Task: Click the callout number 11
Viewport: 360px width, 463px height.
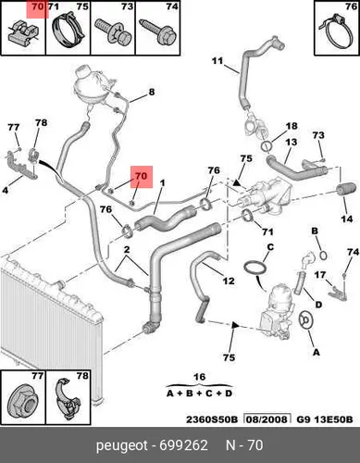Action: pyautogui.click(x=217, y=61)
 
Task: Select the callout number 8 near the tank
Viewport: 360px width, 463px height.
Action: pyautogui.click(x=152, y=92)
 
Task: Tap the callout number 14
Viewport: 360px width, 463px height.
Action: pyautogui.click(x=347, y=219)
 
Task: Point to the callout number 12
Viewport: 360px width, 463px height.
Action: pyautogui.click(x=229, y=281)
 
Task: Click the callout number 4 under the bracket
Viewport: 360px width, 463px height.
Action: pyautogui.click(x=6, y=190)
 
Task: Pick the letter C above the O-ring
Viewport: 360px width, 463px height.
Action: pyautogui.click(x=270, y=247)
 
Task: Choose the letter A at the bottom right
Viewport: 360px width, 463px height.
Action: pyautogui.click(x=317, y=352)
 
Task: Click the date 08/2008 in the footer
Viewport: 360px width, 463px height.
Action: pyautogui.click(x=267, y=419)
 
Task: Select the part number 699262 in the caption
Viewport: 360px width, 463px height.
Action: pyautogui.click(x=183, y=445)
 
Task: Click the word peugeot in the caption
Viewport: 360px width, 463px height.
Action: pyautogui.click(x=122, y=446)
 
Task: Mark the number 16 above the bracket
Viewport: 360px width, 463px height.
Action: pyautogui.click(x=199, y=377)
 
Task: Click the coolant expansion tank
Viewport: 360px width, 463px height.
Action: pyautogui.click(x=92, y=86)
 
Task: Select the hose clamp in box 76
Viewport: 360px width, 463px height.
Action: pyautogui.click(x=337, y=32)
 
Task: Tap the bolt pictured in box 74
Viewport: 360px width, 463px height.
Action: pyautogui.click(x=158, y=32)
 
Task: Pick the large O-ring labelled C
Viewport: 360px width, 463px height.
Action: pyautogui.click(x=256, y=268)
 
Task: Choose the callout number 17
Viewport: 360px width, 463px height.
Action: pyautogui.click(x=320, y=274)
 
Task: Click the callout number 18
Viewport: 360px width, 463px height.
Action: pyautogui.click(x=292, y=126)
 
